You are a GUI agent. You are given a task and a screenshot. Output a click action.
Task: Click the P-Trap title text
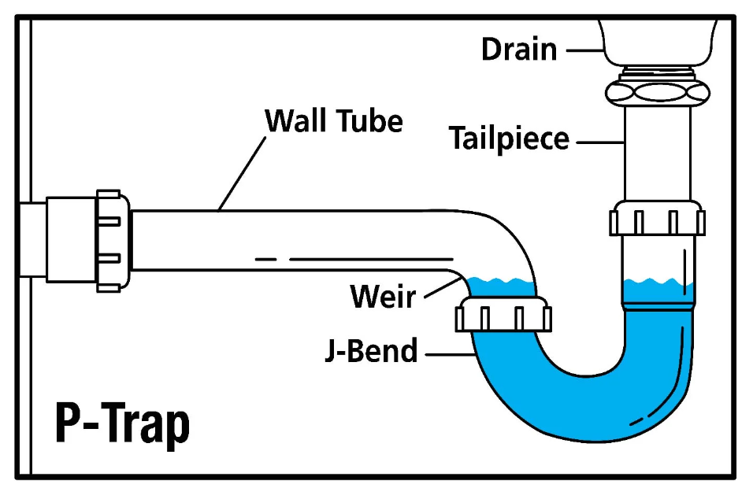pos(122,424)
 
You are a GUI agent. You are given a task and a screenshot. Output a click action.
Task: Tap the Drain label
pos(519,49)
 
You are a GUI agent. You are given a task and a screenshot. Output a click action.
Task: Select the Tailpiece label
pos(509,139)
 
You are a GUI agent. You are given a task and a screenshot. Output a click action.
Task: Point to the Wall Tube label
pos(334,121)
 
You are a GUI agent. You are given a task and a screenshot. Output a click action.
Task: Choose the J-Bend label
pos(371,351)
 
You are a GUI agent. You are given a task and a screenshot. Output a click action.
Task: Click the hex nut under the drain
pos(658,91)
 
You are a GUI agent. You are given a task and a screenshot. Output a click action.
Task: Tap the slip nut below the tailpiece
pos(657,218)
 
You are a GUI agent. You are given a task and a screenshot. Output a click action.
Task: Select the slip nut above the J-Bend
pos(503,316)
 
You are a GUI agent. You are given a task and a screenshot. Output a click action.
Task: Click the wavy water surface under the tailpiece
pos(658,282)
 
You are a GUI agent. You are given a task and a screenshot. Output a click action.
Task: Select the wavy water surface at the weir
pos(500,281)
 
